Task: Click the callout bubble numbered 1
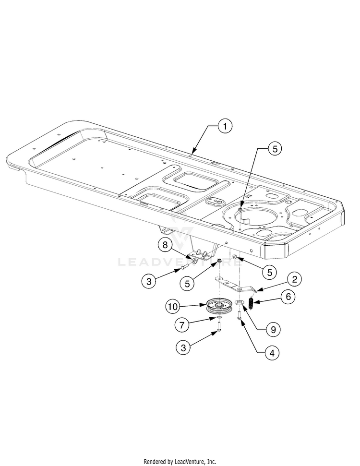tap(224, 126)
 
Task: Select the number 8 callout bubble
tap(165, 245)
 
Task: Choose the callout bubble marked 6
tap(288, 297)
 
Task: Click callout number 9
tap(273, 330)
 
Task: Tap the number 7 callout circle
tap(182, 325)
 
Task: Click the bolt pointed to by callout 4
tap(239, 315)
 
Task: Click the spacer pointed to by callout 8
tap(195, 262)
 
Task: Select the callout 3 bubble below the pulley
tap(182, 347)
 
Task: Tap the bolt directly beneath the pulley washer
tap(219, 327)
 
